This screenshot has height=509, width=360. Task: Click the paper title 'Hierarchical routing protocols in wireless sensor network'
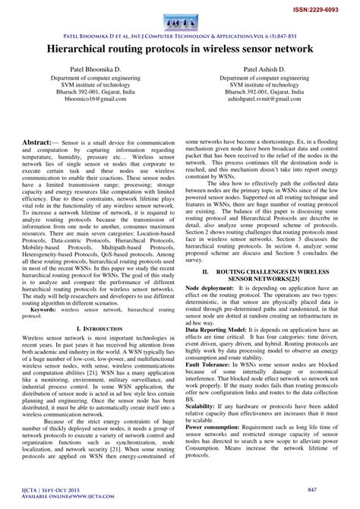180,49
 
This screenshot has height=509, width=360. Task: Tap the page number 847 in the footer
331,492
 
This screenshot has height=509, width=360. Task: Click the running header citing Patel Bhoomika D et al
180,35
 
